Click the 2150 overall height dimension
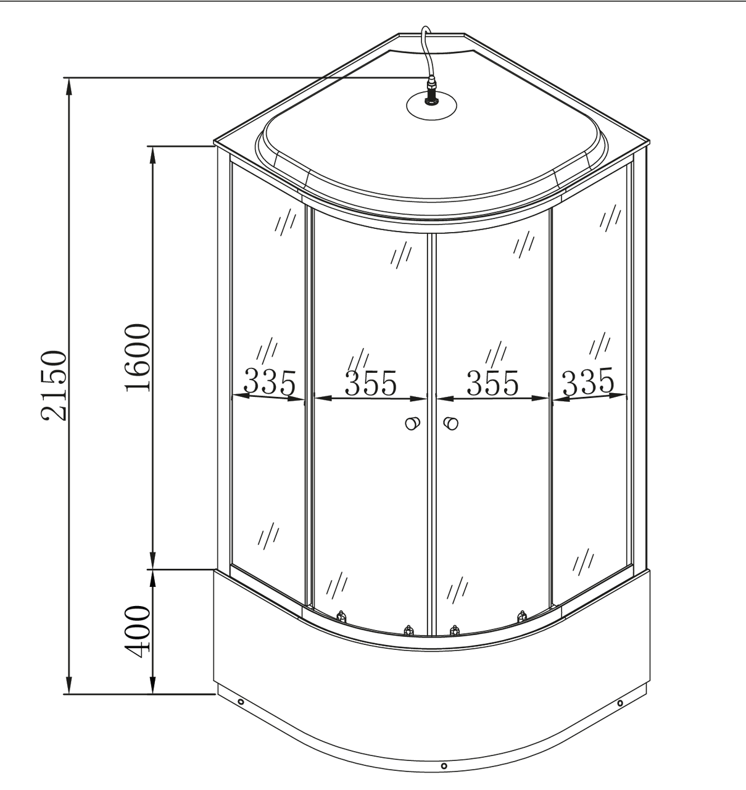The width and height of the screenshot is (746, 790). pyautogui.click(x=53, y=385)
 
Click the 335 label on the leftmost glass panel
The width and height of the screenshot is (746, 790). pyautogui.click(x=269, y=382)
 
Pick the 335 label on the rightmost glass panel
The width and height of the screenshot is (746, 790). pyautogui.click(x=588, y=381)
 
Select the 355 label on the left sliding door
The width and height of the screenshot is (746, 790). pyautogui.click(x=370, y=383)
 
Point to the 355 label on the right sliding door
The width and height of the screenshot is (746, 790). pyautogui.click(x=492, y=383)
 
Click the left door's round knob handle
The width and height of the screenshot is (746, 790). pyautogui.click(x=412, y=423)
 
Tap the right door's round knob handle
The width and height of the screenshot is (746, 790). pyautogui.click(x=451, y=424)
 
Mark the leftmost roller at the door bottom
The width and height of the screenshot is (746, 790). pyautogui.click(x=341, y=616)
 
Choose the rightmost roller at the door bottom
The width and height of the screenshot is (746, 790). pyautogui.click(x=522, y=616)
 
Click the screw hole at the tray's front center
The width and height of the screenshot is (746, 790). pyautogui.click(x=444, y=766)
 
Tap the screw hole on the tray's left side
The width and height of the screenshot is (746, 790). pyautogui.click(x=240, y=702)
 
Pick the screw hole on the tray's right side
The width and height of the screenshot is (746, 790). pyautogui.click(x=620, y=703)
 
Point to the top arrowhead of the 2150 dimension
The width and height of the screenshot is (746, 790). pyautogui.click(x=69, y=86)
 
